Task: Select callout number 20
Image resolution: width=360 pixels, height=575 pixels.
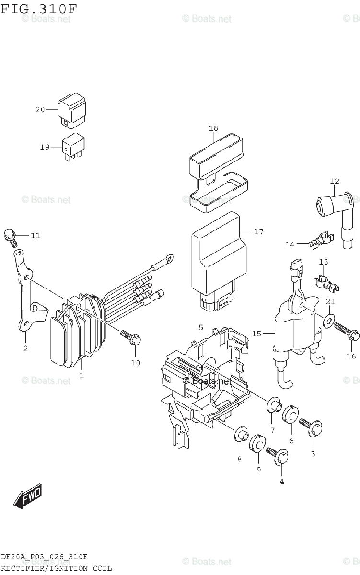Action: coord(40,110)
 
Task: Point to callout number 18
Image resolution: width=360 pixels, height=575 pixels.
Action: coord(213,128)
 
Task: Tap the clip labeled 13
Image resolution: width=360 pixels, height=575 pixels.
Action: coord(327,283)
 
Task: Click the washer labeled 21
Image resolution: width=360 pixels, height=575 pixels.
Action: coord(329,321)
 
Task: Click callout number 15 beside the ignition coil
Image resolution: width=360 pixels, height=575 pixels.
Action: coord(257,333)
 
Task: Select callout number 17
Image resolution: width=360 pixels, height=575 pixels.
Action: coord(258,232)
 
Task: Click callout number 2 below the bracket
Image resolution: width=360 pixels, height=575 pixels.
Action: coord(25,348)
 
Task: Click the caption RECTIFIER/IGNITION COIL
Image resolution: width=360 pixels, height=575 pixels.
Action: coord(56,568)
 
